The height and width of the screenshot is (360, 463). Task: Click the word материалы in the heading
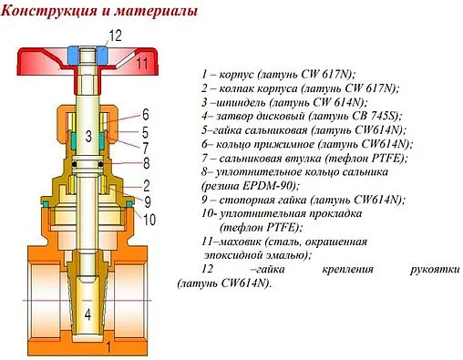pyautogui.click(x=154, y=13)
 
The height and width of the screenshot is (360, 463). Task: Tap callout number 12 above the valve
pyautogui.click(x=114, y=36)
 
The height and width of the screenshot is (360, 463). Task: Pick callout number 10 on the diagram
pyautogui.click(x=149, y=220)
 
